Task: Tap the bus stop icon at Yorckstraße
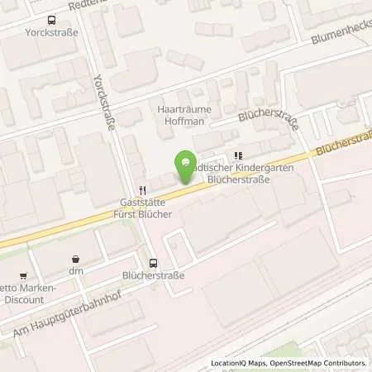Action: click(x=51, y=21)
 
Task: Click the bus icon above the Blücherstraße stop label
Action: click(x=152, y=264)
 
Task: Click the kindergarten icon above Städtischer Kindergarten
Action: click(x=240, y=155)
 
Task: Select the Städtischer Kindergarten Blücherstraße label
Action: click(x=233, y=172)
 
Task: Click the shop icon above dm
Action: click(x=76, y=257)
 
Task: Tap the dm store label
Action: click(x=76, y=269)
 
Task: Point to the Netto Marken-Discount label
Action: click(x=30, y=293)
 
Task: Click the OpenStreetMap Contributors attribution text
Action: click(x=321, y=363)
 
